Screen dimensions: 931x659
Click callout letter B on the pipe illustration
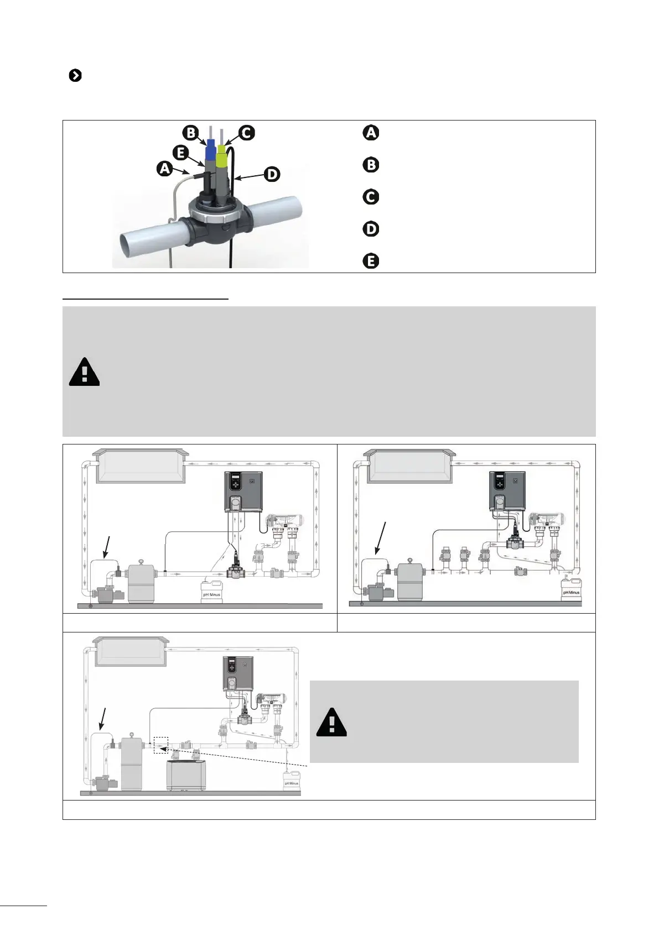tap(190, 133)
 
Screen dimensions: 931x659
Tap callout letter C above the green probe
tap(246, 133)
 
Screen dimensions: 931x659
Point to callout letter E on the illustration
tap(180, 152)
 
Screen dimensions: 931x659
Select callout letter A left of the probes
tap(164, 168)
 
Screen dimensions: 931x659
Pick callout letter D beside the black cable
tap(272, 175)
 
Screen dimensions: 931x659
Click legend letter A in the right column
tap(371, 133)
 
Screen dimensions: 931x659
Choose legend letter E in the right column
tap(371, 261)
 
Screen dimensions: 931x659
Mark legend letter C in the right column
tap(371, 197)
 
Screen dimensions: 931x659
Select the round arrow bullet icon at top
tap(75, 76)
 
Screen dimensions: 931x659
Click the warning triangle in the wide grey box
tap(84, 372)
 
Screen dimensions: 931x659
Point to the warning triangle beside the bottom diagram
tap(331, 722)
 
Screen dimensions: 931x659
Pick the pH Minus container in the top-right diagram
tap(570, 589)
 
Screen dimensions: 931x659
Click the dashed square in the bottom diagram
tap(160, 745)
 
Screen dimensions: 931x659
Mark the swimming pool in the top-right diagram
tap(409, 466)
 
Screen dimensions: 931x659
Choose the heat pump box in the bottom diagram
tap(187, 775)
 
